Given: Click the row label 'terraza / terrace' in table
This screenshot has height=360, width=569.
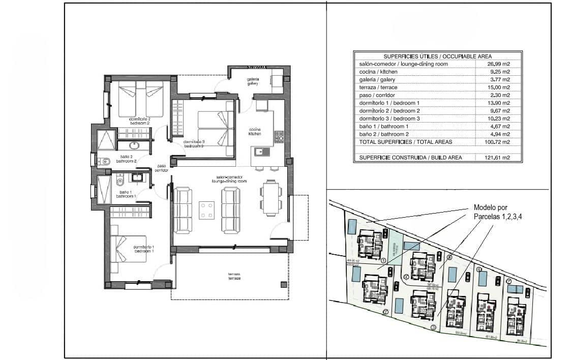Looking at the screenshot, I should pyautogui.click(x=378, y=87).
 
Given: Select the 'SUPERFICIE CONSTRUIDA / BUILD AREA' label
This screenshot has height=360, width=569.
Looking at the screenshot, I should pyautogui.click(x=410, y=158).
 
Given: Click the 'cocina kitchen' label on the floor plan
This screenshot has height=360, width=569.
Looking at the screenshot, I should pyautogui.click(x=254, y=131).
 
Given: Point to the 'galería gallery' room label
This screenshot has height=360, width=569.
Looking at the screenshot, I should pyautogui.click(x=253, y=81).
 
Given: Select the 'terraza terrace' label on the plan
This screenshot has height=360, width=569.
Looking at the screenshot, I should pyautogui.click(x=234, y=277).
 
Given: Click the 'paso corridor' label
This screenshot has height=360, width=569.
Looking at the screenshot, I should pyautogui.click(x=162, y=168).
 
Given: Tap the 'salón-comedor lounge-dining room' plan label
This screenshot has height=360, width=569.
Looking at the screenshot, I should pyautogui.click(x=229, y=179).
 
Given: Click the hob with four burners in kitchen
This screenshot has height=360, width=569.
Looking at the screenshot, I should pyautogui.click(x=279, y=136).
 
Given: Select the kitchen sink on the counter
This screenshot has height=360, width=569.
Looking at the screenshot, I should pyautogui.click(x=260, y=151).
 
